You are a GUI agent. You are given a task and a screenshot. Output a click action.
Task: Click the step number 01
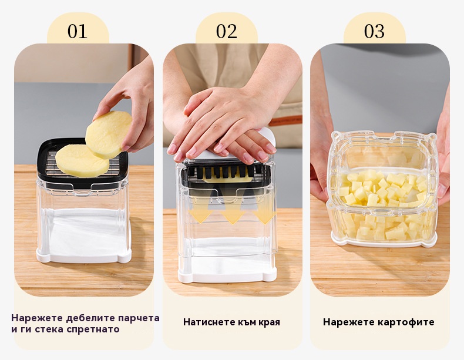coord(78,31)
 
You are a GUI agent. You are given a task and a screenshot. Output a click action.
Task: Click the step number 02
coord(226,31)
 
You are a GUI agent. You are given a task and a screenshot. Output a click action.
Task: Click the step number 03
coord(374,31)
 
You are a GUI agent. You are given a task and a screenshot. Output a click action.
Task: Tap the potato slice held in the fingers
coord(108,134)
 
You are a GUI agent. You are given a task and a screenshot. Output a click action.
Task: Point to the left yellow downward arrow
coord(201,216)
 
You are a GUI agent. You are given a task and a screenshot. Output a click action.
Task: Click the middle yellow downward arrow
coord(233,217)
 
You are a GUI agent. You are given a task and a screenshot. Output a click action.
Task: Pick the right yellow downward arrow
coord(264,217)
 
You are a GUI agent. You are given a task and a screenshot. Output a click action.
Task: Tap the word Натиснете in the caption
coord(206,322)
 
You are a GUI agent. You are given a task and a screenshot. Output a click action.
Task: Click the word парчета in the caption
coord(139,318)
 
